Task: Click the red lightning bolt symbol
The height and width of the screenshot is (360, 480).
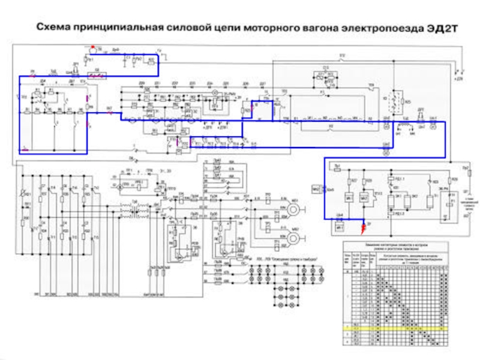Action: (362, 228)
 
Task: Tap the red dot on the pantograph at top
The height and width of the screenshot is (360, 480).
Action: (92, 46)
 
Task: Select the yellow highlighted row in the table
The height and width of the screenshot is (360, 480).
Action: (395, 329)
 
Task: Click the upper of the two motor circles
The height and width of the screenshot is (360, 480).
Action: (295, 208)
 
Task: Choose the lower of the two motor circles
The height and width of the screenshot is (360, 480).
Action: (295, 238)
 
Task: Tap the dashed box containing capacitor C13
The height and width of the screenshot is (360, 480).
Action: (326, 75)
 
